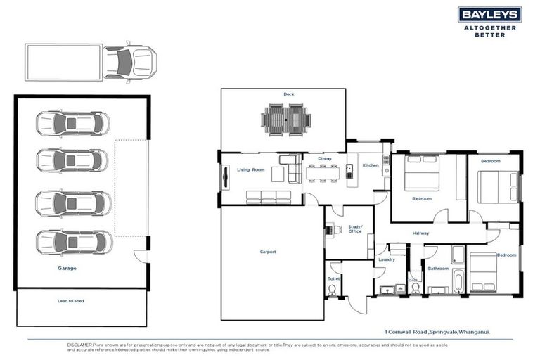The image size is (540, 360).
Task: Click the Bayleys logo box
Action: [489, 15]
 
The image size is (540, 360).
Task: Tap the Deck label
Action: [288, 94]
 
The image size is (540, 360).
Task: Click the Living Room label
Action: [250, 170]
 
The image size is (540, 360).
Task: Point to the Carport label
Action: [267, 252]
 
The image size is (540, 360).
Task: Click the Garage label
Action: [67, 268]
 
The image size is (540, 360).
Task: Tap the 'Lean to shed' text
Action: [70, 301]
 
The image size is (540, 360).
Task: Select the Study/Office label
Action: [354, 229]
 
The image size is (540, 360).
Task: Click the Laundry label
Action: [387, 259]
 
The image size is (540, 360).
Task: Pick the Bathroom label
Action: [438, 268]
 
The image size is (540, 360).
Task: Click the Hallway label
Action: [421, 233]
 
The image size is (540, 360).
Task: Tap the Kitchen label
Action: [371, 165]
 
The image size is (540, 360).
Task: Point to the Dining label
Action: [324, 159]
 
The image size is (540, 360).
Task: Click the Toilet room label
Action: [333, 278]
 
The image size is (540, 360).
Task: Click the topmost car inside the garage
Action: [72, 124]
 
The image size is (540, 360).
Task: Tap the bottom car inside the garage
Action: [73, 242]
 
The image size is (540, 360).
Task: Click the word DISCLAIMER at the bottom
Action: [81, 345]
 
